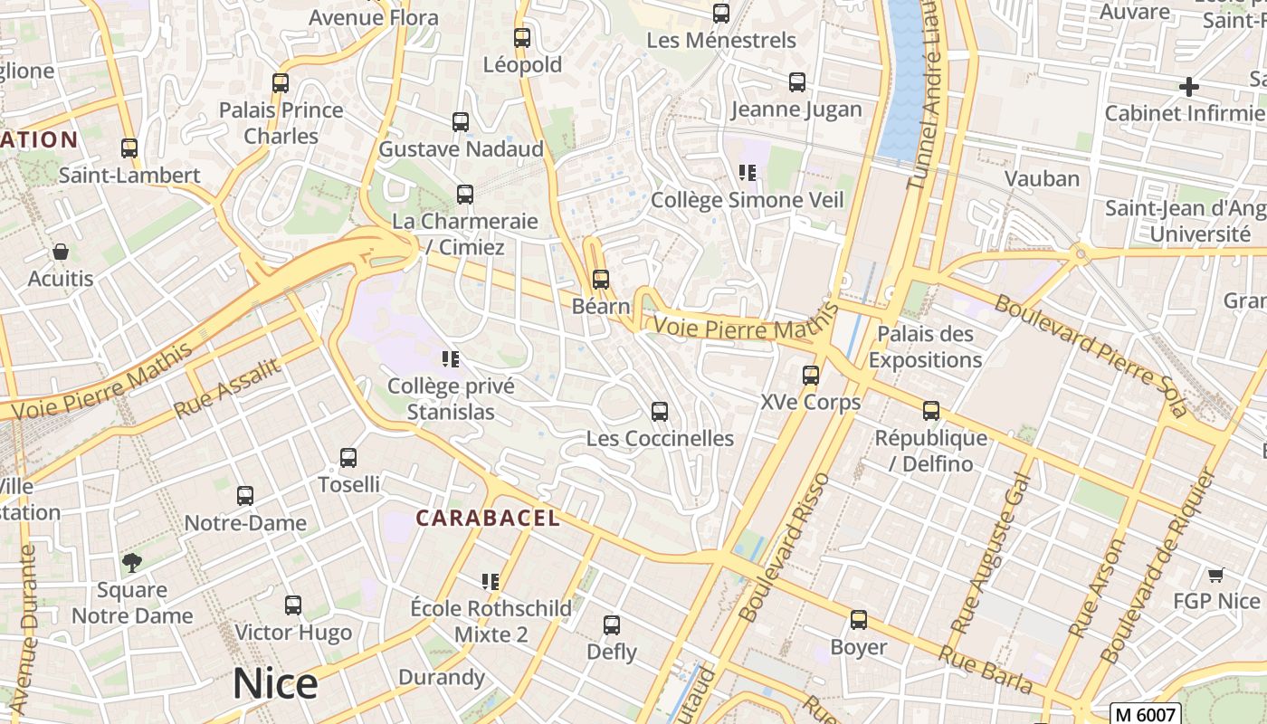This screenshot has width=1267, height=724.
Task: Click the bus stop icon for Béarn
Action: pos(600,280)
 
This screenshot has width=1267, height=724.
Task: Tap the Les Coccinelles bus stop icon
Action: pos(660,412)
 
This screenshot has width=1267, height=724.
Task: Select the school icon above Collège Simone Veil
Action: pos(747,173)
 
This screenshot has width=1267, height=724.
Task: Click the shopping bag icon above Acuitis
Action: pos(61,252)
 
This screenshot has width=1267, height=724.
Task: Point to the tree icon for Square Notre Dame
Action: pos(132,563)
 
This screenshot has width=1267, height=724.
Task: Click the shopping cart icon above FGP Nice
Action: pos(1216,575)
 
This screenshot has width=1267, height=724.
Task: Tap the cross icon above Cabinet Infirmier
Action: pos(1189,87)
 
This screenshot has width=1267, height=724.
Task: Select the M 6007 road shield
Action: pos(1148,713)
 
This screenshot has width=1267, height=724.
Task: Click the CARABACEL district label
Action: pos(488,519)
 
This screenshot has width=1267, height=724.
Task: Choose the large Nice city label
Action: pos(275,683)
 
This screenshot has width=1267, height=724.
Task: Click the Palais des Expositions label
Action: pos(925,347)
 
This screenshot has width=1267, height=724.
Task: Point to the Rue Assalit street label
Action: pos(229,386)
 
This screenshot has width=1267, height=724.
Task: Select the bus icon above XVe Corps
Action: pos(811,375)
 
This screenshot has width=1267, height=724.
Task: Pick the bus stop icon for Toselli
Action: pos(348,458)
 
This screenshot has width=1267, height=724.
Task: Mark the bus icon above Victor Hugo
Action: pos(292,605)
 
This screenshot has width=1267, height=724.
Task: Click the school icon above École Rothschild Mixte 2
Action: pos(491,581)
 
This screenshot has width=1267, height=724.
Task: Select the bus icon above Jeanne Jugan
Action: pos(796,82)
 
